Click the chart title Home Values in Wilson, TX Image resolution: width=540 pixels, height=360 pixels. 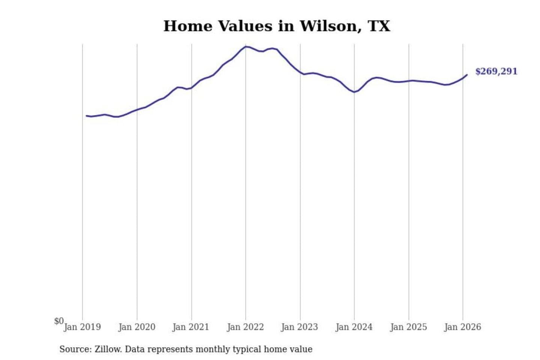coord(277,26)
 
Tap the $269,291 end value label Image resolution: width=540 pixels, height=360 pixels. coord(496,71)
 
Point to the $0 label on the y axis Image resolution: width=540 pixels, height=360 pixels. coord(59,321)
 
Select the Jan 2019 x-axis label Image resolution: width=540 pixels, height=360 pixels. coord(82,327)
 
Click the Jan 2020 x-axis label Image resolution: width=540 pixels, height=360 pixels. coord(136,327)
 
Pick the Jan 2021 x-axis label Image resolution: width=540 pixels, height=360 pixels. coord(190,327)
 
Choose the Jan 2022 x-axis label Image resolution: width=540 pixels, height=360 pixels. coord(245,327)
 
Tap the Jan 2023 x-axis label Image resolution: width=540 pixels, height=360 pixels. coord(299,327)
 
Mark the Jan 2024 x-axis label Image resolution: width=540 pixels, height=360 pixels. coord(354,327)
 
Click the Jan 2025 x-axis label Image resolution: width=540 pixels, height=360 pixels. coord(408,327)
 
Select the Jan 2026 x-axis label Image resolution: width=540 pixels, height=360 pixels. coord(462,327)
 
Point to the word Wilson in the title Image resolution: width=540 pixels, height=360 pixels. coord(330,26)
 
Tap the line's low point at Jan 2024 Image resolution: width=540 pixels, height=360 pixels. coord(354,92)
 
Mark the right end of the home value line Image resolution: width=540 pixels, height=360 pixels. coord(467,75)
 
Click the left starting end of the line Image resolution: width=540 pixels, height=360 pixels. coord(87,116)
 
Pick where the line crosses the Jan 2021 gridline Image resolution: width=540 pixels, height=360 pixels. coord(192,88)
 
